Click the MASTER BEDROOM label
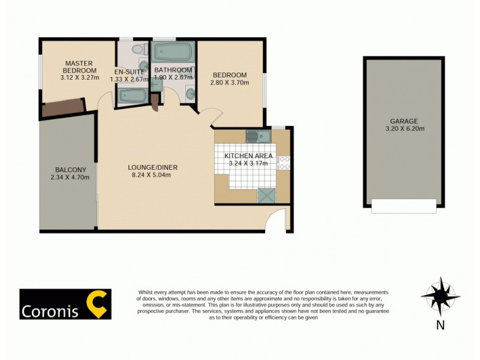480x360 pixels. [78, 67]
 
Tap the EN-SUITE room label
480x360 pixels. [130, 72]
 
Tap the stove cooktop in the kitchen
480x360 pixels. [284, 163]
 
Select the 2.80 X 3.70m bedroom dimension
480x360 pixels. [230, 83]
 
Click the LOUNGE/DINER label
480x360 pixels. [153, 167]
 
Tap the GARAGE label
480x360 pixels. [404, 121]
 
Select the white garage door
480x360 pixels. [404, 206]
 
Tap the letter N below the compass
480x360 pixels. [440, 326]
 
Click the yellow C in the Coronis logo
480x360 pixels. [97, 304]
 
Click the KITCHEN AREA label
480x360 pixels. [248, 156]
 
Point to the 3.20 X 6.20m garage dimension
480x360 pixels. [404, 128]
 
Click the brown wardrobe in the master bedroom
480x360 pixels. [63, 109]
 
